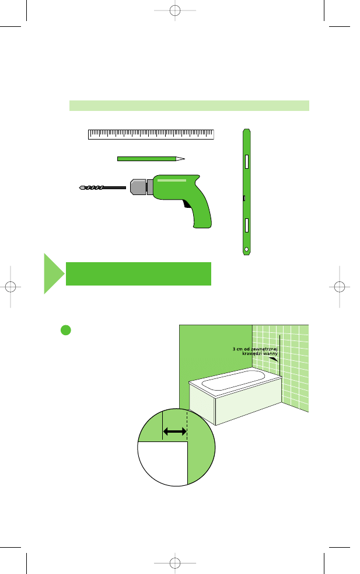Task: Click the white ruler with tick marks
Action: tap(151, 134)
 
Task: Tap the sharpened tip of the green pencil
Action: tap(184, 159)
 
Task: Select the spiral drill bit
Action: tap(103, 188)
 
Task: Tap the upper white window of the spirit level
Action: tap(247, 161)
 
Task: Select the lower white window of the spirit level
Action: tap(247, 225)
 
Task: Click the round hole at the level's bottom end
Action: tap(247, 250)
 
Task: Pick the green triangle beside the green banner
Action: tap(53, 273)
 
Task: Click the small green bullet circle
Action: tap(66, 330)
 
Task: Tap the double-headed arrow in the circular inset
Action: tap(174, 432)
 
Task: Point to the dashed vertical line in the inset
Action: tap(187, 425)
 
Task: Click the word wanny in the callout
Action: tap(270, 354)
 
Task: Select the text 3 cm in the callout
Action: tap(237, 349)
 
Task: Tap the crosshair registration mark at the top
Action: tap(175, 11)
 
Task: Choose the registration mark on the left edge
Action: tap(11, 287)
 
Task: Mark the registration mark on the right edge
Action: tap(340, 287)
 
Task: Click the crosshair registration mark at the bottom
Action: tap(175, 563)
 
